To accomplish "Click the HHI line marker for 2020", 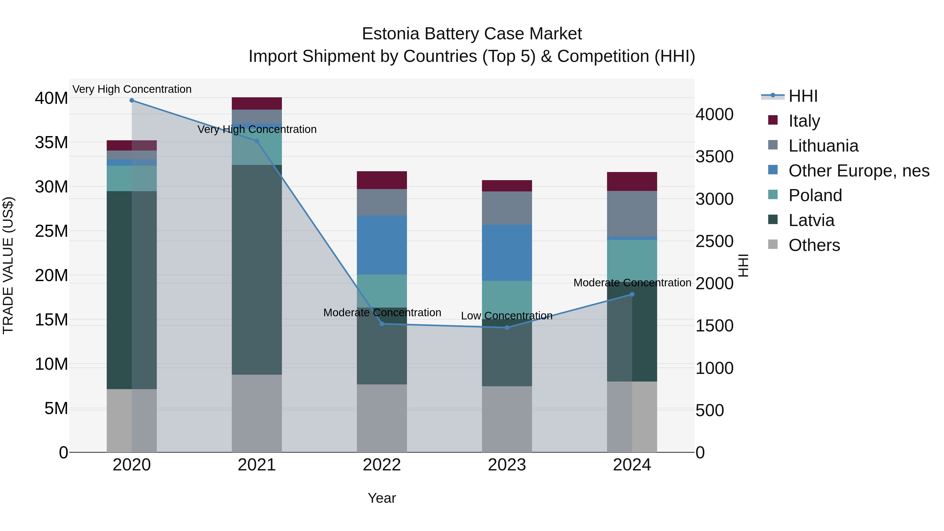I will click(x=132, y=100).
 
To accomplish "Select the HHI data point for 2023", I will click(x=507, y=328).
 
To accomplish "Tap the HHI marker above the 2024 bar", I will click(x=632, y=294).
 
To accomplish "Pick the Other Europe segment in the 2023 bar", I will click(x=507, y=253).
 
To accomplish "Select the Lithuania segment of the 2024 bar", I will click(x=632, y=214).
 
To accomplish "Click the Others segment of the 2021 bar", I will click(x=256, y=413).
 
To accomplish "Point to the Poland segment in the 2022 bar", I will click(x=382, y=291).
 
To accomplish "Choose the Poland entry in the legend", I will click(x=815, y=195).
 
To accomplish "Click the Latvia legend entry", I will click(x=811, y=220).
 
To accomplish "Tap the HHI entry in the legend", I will click(x=803, y=96).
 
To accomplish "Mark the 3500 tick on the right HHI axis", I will click(x=714, y=157).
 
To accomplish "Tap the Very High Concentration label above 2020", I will click(x=132, y=89).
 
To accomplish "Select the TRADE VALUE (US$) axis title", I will click(x=8, y=265).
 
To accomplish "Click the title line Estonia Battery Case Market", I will click(x=472, y=34).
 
